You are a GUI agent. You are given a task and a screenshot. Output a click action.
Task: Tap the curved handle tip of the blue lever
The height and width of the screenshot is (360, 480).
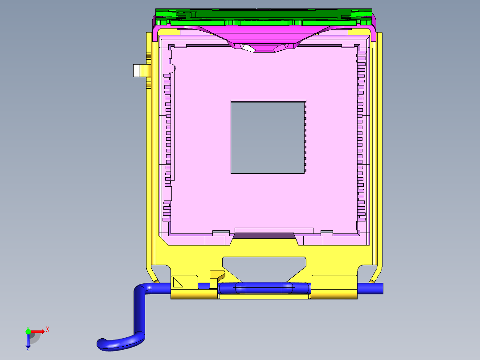click(102, 343)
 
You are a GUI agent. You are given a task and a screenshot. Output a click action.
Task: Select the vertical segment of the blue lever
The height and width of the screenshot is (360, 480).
click(139, 312)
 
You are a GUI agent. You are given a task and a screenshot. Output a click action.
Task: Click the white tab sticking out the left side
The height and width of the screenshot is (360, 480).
click(139, 70)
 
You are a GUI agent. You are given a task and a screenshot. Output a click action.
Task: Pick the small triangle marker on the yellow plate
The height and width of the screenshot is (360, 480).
click(178, 282)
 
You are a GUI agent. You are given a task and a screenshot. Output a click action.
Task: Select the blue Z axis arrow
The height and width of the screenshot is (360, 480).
click(28, 341)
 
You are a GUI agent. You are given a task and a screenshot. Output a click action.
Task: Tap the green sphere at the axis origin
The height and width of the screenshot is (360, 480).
click(28, 331)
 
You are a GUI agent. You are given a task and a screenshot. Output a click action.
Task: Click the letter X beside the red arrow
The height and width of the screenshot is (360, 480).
click(48, 330)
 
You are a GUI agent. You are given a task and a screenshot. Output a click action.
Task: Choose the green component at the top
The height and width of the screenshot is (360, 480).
click(263, 16)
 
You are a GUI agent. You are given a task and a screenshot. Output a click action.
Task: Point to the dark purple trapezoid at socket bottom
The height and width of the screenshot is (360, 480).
click(264, 235)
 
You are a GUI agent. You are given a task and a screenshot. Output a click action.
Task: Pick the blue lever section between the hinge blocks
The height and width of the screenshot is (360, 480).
click(264, 288)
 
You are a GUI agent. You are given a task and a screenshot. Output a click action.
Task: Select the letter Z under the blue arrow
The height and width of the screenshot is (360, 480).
click(28, 349)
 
